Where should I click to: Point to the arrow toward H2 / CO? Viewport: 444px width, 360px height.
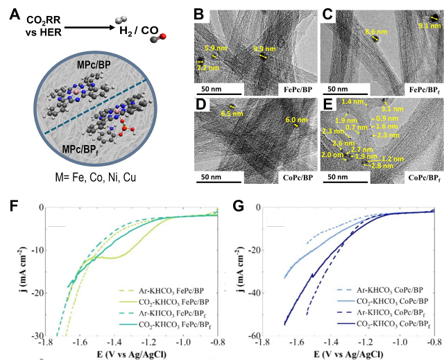click(x=87, y=27)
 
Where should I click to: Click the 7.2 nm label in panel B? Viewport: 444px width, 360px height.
click(x=210, y=67)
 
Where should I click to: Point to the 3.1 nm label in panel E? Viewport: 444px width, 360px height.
click(x=392, y=109)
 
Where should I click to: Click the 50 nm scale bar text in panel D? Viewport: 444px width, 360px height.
click(x=212, y=178)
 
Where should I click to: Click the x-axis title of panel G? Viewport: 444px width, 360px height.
click(x=351, y=354)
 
